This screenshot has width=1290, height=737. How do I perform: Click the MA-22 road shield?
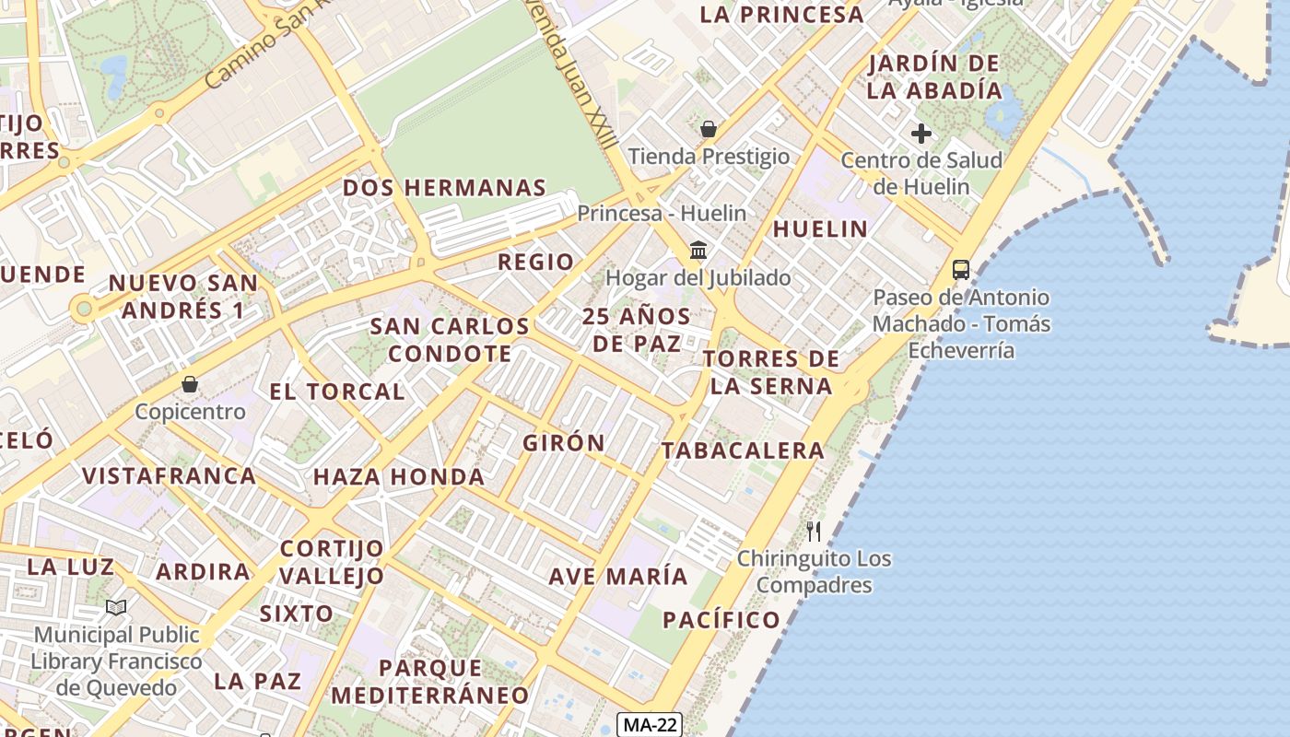coord(651,724)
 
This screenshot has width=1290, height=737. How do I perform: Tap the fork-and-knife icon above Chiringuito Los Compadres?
coord(814,532)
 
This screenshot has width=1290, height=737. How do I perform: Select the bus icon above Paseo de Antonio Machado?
coord(960,270)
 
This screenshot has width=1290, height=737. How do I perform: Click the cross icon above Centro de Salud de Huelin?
coord(921,135)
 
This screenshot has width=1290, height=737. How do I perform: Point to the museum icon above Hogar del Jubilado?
coord(698,251)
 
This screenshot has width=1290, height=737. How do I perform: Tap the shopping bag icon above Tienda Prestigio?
coord(709,129)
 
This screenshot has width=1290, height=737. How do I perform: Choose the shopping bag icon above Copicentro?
coord(190,384)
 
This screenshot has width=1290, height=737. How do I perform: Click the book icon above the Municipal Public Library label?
coord(116,607)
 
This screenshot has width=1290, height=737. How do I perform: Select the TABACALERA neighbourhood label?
coord(743,450)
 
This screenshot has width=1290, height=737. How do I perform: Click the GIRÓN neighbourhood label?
coord(564,443)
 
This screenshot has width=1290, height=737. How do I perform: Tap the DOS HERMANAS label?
coord(444,188)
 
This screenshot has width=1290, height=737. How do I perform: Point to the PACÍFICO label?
coord(721,620)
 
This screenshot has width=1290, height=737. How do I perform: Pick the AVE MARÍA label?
coord(618,577)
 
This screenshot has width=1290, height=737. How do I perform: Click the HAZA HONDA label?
coord(399,477)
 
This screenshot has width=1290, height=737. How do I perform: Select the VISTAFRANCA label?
coord(170,476)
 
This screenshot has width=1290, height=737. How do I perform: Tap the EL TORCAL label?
coord(337,392)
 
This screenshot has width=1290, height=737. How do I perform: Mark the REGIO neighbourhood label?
coord(535,262)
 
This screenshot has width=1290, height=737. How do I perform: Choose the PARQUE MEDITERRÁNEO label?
coord(430,682)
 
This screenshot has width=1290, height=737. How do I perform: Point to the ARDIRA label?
coord(203,571)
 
